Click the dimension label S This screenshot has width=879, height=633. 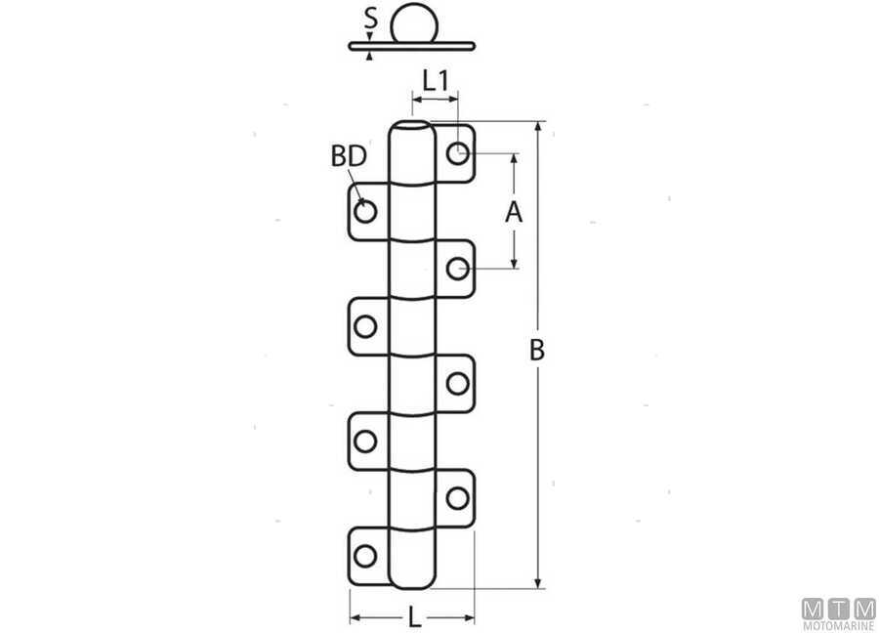370,19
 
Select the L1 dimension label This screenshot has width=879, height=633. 436,81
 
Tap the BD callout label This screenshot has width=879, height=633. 349,156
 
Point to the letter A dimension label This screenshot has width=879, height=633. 514,213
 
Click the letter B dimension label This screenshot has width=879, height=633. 537,350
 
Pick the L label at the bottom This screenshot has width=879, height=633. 414,618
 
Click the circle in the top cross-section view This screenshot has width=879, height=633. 414,23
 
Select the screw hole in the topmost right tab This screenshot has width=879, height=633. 457,152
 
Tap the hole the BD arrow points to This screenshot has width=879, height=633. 365,211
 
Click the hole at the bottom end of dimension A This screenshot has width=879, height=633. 457,269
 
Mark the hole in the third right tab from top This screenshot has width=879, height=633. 457,384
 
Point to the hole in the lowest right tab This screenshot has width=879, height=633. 457,498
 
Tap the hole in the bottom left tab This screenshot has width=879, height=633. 365,556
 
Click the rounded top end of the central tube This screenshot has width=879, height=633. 411,124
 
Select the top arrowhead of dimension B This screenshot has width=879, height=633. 539,127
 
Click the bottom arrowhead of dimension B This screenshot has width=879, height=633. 539,583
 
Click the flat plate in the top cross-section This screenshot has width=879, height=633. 412,47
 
